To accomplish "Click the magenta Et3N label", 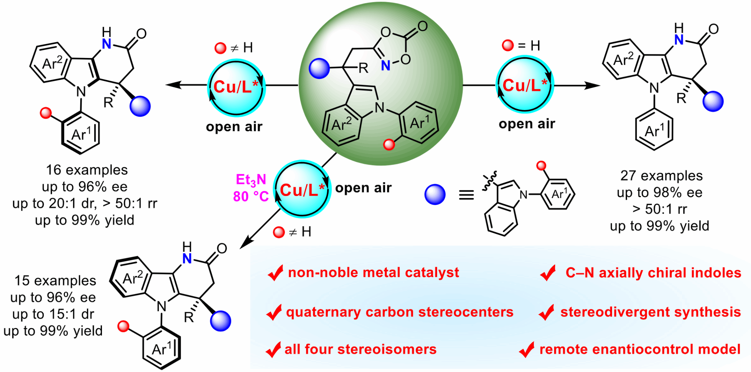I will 251,180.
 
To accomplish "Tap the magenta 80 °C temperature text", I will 251,197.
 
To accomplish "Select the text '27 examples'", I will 661,176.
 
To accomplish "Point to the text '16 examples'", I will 87,170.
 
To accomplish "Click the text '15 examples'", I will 55,281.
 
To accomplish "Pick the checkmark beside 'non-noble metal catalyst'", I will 275,273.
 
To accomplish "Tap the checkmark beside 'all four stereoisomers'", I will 274,350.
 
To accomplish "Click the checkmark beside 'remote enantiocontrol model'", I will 527,350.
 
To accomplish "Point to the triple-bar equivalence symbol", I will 466,195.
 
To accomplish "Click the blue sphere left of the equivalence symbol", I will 435,194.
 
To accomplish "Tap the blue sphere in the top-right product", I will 713,101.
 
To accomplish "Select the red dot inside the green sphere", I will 389,145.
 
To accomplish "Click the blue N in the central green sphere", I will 385,66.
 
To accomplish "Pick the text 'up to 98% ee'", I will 659,193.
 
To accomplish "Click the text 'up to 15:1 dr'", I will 53,314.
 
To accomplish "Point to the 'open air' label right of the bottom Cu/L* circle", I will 363,188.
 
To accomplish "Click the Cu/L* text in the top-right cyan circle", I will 524,85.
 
